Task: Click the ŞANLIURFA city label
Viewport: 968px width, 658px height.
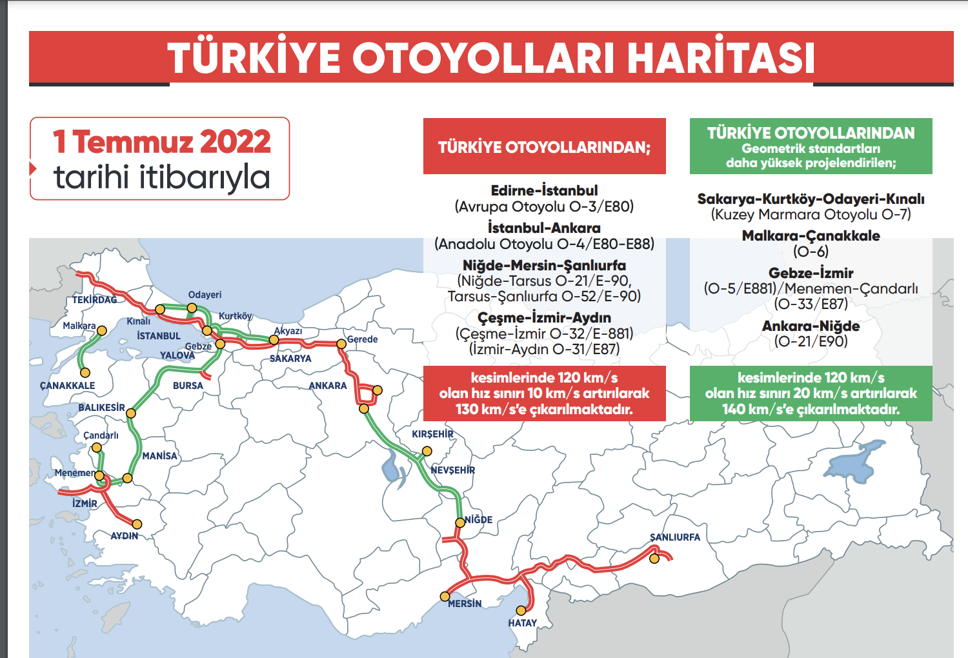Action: (x=674, y=537)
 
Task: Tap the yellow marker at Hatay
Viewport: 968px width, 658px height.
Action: (x=521, y=610)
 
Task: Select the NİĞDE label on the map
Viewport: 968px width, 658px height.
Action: (x=478, y=520)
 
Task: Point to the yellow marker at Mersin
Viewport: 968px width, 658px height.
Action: (x=445, y=596)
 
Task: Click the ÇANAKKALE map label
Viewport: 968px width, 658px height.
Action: (x=67, y=386)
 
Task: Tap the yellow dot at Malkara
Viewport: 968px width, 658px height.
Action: (x=101, y=330)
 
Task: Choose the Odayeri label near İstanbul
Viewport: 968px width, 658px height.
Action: (x=205, y=295)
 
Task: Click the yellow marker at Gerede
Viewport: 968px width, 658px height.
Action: (x=341, y=344)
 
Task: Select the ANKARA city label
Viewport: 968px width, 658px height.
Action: (x=327, y=386)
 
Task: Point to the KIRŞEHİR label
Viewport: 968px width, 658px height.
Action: (x=432, y=434)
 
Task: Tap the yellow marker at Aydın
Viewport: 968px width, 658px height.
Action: (x=137, y=524)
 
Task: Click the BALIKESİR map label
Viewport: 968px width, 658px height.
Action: (x=101, y=408)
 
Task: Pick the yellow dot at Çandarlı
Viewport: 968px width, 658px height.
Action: (x=96, y=447)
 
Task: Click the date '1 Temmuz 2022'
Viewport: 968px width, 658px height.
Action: (x=162, y=141)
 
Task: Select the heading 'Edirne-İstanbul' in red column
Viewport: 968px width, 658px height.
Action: (x=544, y=190)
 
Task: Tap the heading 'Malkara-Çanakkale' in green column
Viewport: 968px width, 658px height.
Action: (x=811, y=235)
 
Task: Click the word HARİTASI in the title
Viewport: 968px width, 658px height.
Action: (x=721, y=57)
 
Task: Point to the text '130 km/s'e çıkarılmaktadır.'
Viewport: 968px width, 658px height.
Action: (x=544, y=409)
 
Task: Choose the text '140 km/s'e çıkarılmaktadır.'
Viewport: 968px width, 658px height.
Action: (x=811, y=409)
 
